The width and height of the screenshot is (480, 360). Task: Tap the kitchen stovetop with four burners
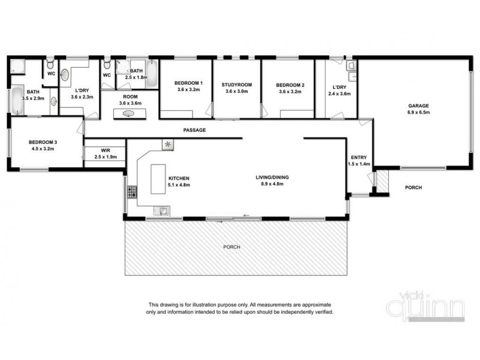(x=131, y=193)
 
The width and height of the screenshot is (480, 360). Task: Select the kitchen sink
(x=161, y=209)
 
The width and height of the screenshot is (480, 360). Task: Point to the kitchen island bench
(x=158, y=179)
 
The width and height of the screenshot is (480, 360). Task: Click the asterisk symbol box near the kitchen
(x=167, y=145)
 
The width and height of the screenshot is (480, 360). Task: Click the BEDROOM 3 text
(x=43, y=142)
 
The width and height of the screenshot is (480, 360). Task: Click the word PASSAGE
(x=194, y=130)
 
